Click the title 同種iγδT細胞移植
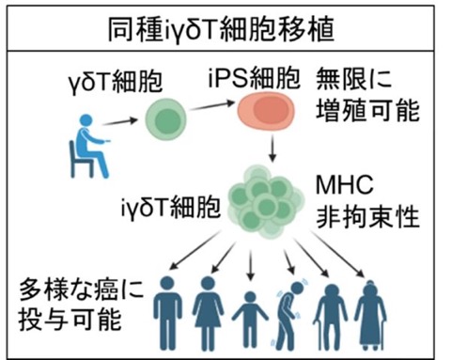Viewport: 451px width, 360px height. tap(221, 30)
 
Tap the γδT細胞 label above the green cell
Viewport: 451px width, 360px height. tap(116, 81)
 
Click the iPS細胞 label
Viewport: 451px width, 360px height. tap(255, 77)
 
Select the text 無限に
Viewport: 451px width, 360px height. tap(354, 78)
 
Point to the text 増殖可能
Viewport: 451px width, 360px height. tap(367, 110)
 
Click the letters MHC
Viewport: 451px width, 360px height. tap(345, 184)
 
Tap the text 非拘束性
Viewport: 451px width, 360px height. tap(367, 217)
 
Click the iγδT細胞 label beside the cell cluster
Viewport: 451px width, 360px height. tap(171, 208)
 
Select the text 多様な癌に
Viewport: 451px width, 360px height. tap(82, 290)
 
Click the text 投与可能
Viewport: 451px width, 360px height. tap(70, 320)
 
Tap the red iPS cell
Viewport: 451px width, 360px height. tap(266, 111)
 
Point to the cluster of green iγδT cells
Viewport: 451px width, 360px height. tap(266, 202)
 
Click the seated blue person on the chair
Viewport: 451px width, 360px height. tap(89, 146)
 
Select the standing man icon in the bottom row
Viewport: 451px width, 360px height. tap(168, 313)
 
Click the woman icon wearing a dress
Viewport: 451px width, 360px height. tap(208, 313)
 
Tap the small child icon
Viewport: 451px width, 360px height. tap(250, 320)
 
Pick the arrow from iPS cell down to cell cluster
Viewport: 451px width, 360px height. tap(272, 148)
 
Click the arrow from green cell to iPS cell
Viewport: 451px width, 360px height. tap(212, 105)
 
